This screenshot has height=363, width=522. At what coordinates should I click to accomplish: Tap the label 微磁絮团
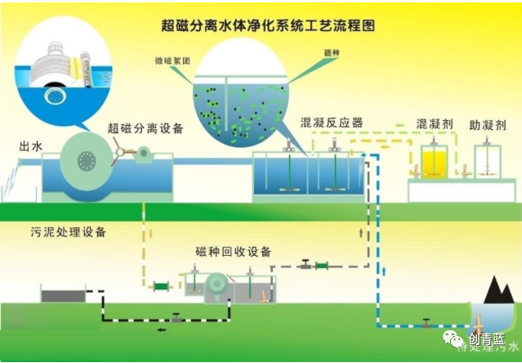tap(172, 60)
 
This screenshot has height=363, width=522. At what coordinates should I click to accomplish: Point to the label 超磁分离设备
tap(145, 128)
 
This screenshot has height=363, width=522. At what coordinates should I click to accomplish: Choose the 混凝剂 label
tap(434, 124)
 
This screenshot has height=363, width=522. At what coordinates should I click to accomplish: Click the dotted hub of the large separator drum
tap(85, 163)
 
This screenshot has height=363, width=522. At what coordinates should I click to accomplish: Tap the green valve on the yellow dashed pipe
tap(161, 286)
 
